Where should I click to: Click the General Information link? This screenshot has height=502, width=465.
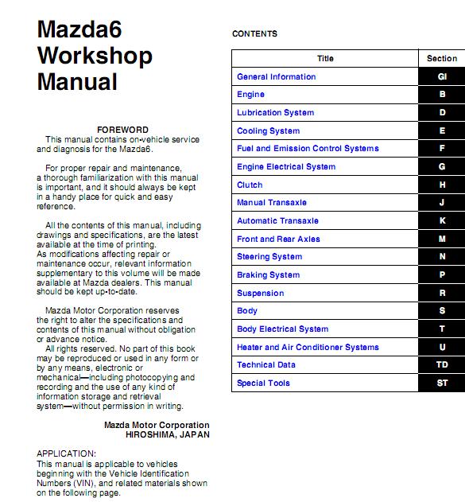coord(276,77)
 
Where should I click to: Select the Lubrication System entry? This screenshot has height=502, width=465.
coord(275,113)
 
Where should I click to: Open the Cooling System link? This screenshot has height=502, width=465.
coord(268,131)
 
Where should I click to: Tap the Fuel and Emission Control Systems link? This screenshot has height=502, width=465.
coord(308,149)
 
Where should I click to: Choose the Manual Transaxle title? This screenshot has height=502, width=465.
coord(271,203)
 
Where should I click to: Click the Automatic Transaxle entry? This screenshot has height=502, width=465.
coord(277,221)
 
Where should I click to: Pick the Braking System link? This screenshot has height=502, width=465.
coord(268,275)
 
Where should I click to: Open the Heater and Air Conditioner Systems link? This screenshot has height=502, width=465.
coord(308,348)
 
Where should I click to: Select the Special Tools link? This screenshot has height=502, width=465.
coord(263,383)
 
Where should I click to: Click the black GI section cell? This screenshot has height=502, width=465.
coord(442,77)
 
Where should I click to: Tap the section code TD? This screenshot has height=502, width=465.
coord(442,365)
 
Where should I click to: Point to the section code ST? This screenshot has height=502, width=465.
coord(442,383)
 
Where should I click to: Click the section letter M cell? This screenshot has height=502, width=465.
coord(442,239)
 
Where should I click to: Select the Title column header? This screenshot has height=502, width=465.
coord(325,58)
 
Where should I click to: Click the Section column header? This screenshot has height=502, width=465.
coord(442,58)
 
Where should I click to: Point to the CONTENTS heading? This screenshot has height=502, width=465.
coord(254,34)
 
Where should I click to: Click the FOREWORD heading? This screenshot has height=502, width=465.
coord(122,130)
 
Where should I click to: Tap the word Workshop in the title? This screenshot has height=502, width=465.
coord(95,56)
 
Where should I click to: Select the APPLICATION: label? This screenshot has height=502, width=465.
coord(66,453)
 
